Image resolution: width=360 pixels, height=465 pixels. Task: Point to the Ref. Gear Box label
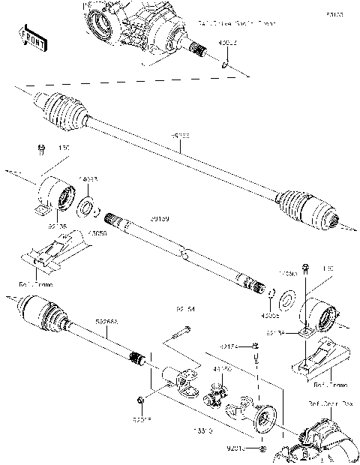click(328, 403)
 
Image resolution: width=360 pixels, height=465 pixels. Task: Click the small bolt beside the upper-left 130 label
click(40, 152)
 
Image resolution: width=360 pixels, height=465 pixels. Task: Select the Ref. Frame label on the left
click(34, 284)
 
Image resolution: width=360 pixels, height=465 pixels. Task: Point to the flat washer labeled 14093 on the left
click(87, 206)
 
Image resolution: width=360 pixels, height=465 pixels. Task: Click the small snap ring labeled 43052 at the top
click(226, 65)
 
